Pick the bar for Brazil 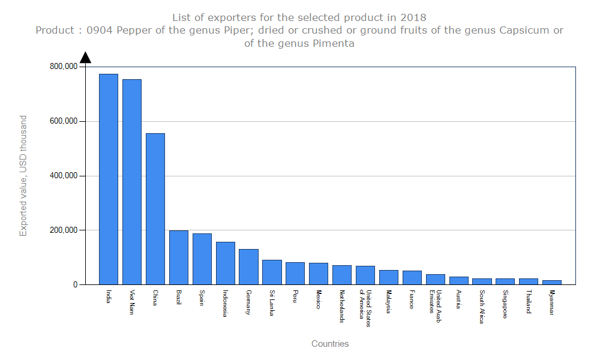179,257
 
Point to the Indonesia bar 226,263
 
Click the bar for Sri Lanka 272,272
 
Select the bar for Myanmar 552,282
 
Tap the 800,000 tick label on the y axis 63,67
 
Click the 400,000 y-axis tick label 63,176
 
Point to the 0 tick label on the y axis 75,285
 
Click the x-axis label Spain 202,298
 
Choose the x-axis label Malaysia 389,302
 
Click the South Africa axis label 482,307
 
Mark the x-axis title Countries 330,344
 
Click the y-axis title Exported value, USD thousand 23,176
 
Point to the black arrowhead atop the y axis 85,57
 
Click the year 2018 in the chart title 414,17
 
